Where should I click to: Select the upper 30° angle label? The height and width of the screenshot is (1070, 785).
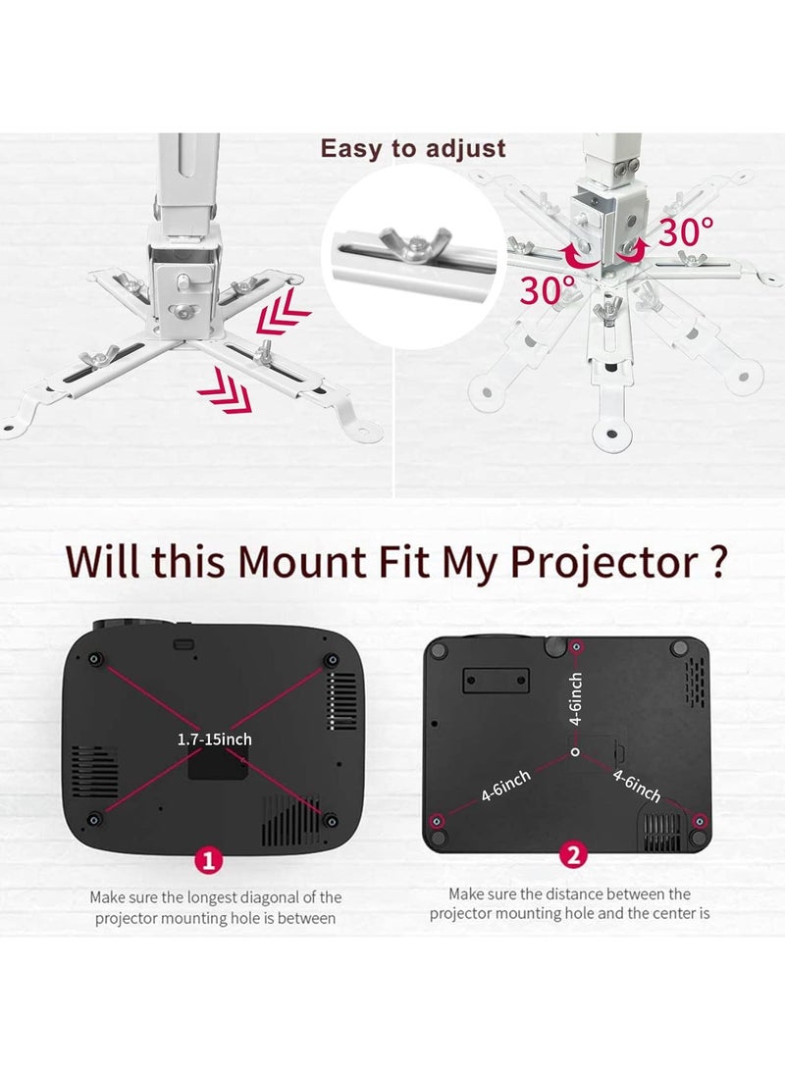pos(685,232)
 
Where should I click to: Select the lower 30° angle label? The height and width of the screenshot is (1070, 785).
pos(548,290)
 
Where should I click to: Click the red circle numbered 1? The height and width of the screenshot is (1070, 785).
pos(207,860)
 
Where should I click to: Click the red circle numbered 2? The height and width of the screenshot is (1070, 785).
pos(573,854)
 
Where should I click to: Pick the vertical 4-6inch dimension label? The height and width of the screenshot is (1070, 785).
pos(576,697)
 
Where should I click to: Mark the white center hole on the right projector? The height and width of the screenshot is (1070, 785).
pos(575,751)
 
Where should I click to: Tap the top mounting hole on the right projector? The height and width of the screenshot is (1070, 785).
pos(577,647)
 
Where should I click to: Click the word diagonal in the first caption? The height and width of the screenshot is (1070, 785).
pos(274,896)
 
